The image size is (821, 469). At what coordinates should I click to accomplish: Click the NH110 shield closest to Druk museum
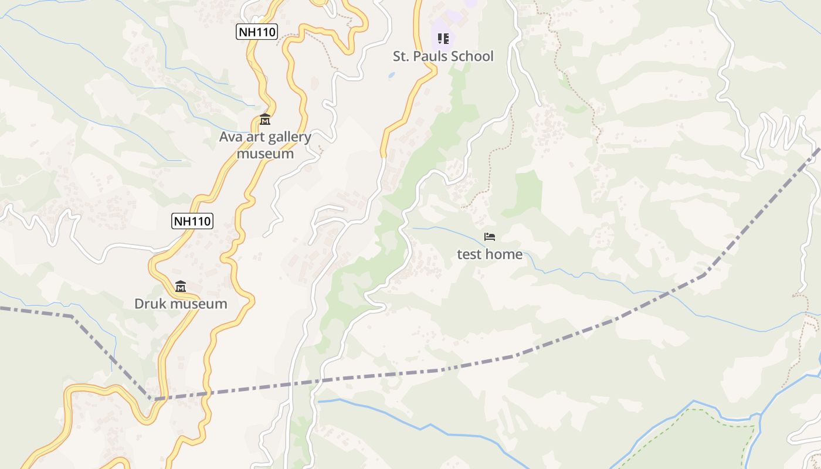[x=192, y=221]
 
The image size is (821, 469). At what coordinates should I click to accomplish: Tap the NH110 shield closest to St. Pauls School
[x=256, y=32]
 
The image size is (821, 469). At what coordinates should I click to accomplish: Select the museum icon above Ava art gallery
[x=265, y=120]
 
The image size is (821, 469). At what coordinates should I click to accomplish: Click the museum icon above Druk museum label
[x=181, y=287]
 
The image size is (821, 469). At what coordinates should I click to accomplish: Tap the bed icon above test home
[x=490, y=237]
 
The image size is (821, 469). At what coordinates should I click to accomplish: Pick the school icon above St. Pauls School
[x=443, y=39]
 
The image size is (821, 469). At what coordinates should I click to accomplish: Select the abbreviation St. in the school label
[x=401, y=56]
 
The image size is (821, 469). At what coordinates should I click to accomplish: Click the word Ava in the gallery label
[x=230, y=137]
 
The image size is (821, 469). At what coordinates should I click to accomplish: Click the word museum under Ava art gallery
[x=265, y=154]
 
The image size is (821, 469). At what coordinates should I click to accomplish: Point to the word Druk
[x=150, y=304]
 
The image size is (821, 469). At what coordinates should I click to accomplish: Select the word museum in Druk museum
[x=197, y=304]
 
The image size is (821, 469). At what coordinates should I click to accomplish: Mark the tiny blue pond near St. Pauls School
[x=391, y=76]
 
